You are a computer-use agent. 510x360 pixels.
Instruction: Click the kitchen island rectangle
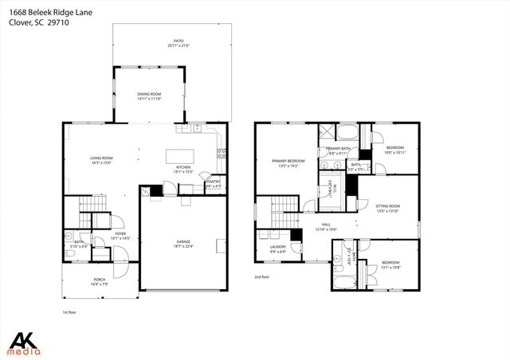tap(182, 156)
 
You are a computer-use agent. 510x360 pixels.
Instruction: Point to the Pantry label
tap(213, 184)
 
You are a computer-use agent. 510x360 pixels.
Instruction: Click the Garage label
tap(183, 243)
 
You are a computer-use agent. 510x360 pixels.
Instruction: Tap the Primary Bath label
tap(338, 151)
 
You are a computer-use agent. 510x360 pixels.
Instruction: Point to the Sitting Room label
tap(387, 207)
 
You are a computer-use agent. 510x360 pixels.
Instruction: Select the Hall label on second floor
tap(326, 226)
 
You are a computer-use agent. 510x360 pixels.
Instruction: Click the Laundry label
tap(277, 248)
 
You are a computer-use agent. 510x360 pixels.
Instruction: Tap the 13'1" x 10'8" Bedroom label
tap(390, 264)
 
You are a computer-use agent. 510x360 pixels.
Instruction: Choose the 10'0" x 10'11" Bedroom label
tap(395, 150)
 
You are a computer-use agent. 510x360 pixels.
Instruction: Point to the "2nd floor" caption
tap(262, 277)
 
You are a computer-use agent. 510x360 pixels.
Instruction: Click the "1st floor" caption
tap(69, 312)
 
